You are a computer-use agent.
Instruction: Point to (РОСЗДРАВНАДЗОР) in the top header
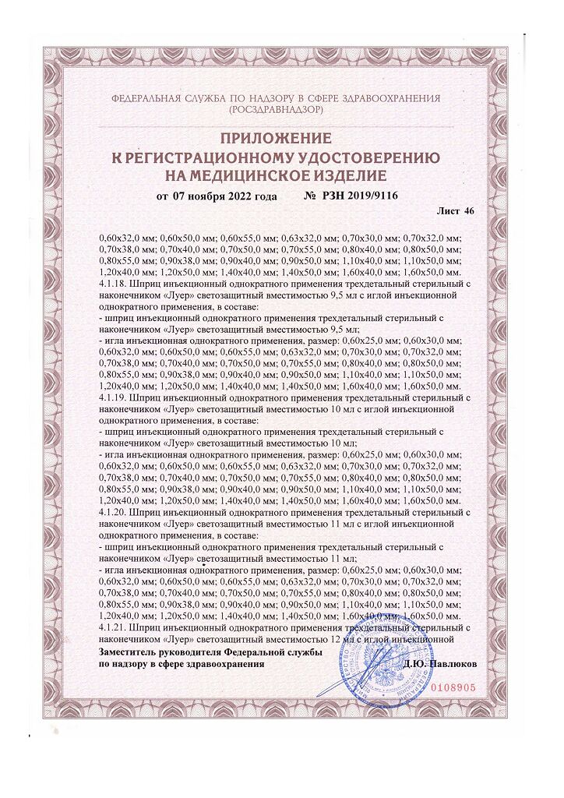click(x=277, y=111)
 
